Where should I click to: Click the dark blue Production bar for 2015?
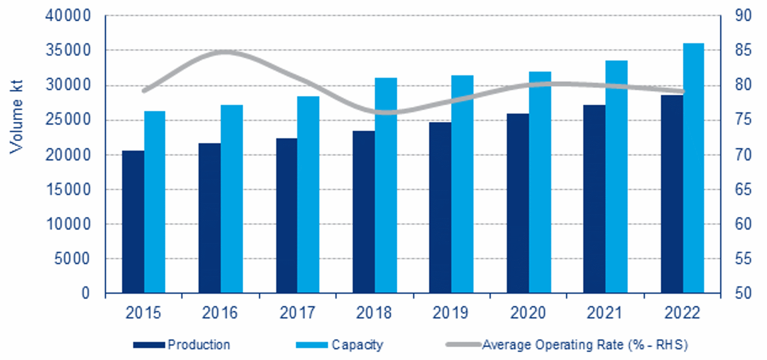pyautogui.click(x=133, y=222)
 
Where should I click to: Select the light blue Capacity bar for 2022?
pyautogui.click(x=693, y=168)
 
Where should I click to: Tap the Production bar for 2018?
pyautogui.click(x=363, y=212)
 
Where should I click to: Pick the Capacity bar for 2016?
pyautogui.click(x=232, y=199)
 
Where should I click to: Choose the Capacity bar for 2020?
pyautogui.click(x=540, y=182)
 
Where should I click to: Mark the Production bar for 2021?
pyautogui.click(x=594, y=199)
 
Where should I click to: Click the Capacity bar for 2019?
pyautogui.click(x=462, y=184)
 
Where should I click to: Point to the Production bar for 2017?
pyautogui.click(x=286, y=216)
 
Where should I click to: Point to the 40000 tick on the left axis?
pyautogui.click(x=68, y=16)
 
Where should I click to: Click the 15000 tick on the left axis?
pyautogui.click(x=68, y=190)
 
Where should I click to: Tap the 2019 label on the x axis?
pyautogui.click(x=450, y=313)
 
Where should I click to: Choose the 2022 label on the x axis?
pyautogui.click(x=682, y=313)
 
